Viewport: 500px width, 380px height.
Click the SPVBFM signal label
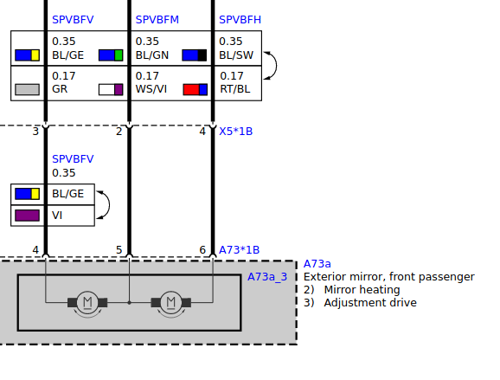point(157,20)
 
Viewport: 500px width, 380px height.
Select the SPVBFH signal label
point(240,20)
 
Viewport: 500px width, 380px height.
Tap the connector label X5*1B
point(235,132)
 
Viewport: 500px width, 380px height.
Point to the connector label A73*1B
point(239,250)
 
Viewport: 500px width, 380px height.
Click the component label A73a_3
point(267,277)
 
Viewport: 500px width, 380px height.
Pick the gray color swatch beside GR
point(28,89)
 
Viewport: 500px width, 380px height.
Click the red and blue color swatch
point(196,89)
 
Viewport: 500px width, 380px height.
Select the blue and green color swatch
point(111,55)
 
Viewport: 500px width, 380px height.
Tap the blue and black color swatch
point(194,55)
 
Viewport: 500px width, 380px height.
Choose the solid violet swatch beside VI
point(28,216)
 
